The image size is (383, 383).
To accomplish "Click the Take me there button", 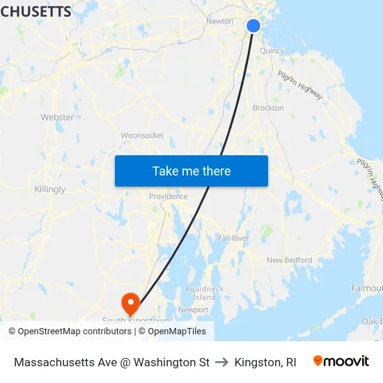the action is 191,171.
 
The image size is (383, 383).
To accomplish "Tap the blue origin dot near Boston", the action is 253,26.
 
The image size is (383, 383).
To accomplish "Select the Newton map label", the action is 219,21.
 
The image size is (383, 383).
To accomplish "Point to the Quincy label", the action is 272,51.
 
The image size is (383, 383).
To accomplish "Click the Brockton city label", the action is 268,108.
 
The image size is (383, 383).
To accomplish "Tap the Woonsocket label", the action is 142,135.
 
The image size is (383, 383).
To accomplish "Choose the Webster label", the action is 57,117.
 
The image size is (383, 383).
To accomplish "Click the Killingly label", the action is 49,189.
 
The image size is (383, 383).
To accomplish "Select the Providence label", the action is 168,196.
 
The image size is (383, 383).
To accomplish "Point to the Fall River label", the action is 233,238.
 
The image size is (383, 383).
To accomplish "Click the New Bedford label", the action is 290,260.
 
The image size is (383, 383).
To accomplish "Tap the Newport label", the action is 193,310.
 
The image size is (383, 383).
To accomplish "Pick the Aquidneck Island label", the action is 204,293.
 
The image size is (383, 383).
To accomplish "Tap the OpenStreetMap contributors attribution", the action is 70,331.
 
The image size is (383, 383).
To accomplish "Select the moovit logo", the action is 341,361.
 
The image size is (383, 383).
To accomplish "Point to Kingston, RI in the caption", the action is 265,362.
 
